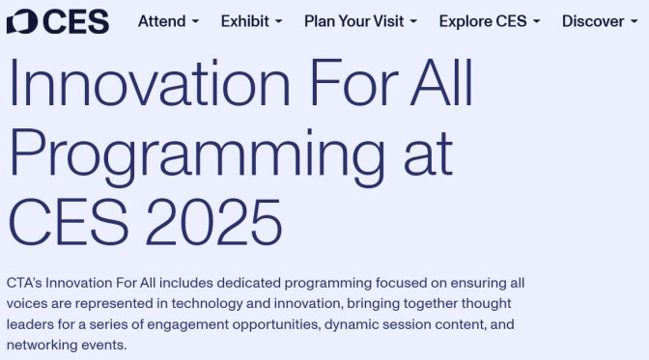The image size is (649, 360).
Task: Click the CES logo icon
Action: (x=22, y=21)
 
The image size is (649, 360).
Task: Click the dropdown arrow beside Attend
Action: (x=195, y=21)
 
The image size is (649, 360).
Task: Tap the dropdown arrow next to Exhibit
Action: (x=278, y=21)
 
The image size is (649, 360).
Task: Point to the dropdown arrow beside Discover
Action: (x=635, y=21)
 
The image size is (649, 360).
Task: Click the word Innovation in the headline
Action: (x=150, y=83)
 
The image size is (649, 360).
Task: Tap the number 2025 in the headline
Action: (x=214, y=222)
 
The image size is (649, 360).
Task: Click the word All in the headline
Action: (x=441, y=83)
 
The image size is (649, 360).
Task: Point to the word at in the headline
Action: (x=428, y=153)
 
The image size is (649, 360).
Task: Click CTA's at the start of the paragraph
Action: (x=24, y=283)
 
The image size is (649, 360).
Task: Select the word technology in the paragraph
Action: (x=208, y=304)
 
